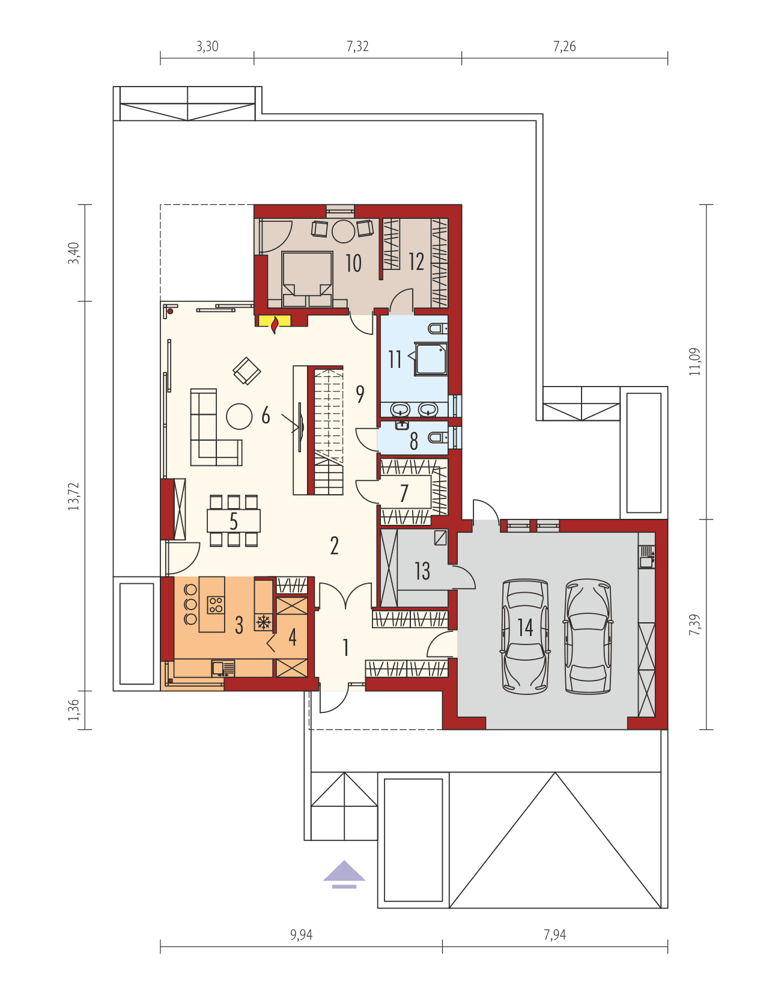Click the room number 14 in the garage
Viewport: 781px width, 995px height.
point(525,628)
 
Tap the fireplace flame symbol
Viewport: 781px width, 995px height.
point(275,325)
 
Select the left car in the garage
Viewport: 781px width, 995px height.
point(526,636)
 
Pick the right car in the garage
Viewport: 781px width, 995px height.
point(588,636)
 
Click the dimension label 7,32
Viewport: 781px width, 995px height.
point(357,46)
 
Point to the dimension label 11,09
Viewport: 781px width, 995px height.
point(695,361)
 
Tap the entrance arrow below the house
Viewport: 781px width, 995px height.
point(344,874)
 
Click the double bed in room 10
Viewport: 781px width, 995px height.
point(307,279)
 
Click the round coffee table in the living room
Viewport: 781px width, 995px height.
point(239,416)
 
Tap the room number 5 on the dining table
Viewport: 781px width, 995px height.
point(234,521)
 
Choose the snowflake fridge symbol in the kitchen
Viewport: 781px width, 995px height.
point(263,622)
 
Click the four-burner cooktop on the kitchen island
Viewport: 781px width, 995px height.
point(216,604)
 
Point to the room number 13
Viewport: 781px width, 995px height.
point(422,571)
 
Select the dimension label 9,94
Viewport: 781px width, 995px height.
point(301,934)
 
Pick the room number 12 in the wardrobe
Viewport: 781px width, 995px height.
point(416,262)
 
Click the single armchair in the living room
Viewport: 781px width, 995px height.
point(246,371)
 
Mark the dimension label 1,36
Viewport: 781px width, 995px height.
point(73,710)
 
